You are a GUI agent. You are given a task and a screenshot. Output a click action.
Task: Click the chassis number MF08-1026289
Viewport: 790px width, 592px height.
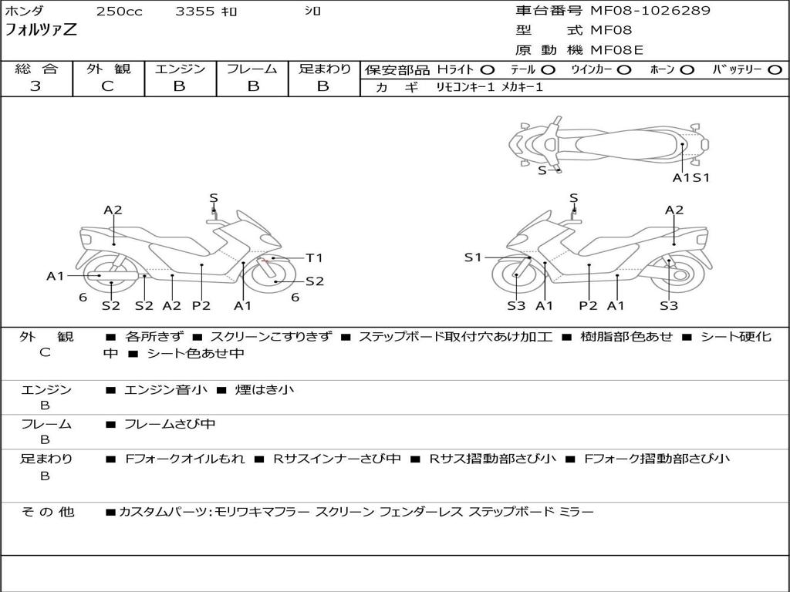(x=650, y=10)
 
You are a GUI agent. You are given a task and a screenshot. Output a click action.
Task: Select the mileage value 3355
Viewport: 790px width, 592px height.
(x=195, y=11)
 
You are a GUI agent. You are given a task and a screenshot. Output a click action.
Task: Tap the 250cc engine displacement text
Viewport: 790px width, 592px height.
(x=120, y=11)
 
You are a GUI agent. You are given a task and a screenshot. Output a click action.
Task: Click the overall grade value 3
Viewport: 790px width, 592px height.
(x=35, y=86)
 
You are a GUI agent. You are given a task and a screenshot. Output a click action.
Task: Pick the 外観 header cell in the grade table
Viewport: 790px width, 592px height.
(x=108, y=69)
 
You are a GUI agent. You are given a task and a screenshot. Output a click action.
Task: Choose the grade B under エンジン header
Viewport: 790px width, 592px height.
(x=179, y=86)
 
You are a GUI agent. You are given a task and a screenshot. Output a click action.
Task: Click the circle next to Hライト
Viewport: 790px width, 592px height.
(x=488, y=70)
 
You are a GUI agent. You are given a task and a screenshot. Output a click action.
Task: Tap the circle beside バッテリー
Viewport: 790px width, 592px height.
(x=775, y=70)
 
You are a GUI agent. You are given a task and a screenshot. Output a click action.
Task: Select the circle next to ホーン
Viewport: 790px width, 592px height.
(x=687, y=70)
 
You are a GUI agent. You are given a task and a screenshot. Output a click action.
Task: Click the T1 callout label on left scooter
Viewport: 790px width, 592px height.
(x=315, y=257)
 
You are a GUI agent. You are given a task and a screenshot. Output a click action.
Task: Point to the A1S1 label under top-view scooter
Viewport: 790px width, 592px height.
(x=691, y=177)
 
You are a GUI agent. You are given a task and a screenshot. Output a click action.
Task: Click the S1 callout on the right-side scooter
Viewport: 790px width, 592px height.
(x=473, y=257)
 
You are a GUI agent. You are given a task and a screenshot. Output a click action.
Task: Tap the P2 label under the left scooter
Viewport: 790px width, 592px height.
(x=201, y=305)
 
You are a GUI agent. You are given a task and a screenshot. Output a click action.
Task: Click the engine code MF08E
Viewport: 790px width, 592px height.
(x=616, y=50)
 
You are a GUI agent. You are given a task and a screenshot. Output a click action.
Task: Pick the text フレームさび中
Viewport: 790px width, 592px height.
(x=170, y=425)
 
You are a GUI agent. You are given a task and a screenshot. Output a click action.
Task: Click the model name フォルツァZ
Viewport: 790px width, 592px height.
(x=41, y=30)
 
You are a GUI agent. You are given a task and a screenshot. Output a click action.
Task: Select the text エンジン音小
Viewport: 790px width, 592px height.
(x=166, y=389)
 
